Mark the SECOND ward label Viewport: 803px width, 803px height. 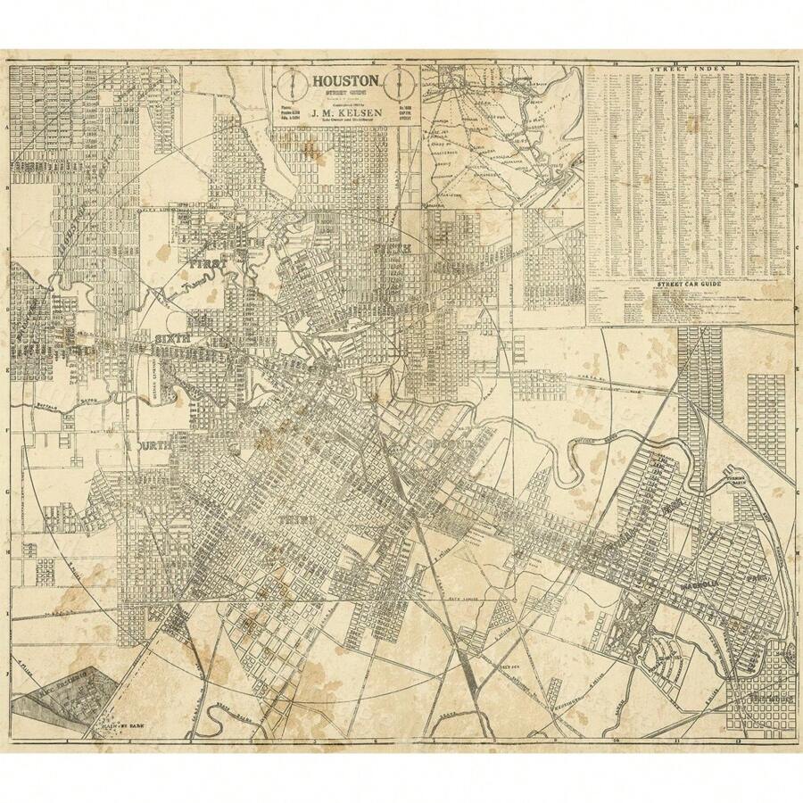click(451, 443)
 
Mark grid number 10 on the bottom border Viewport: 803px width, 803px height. click(616, 741)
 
